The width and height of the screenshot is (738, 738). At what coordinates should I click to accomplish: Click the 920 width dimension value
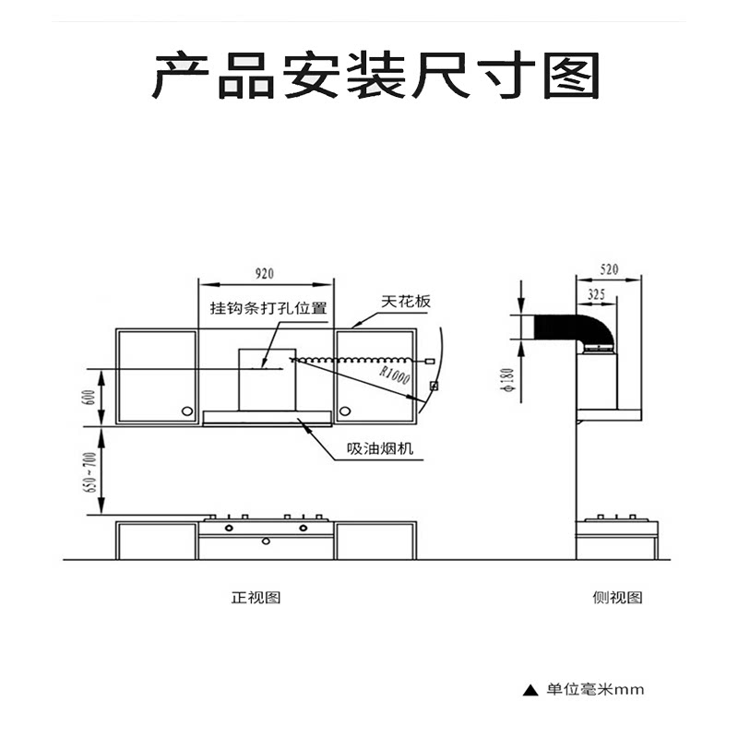click(265, 273)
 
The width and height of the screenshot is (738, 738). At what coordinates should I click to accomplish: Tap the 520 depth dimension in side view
click(608, 269)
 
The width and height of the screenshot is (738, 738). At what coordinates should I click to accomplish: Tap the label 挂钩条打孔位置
click(268, 308)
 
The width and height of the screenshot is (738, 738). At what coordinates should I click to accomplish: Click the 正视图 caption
click(256, 597)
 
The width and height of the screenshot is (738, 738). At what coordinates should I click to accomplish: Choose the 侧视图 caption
click(617, 597)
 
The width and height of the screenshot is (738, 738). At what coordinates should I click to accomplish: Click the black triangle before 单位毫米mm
click(530, 689)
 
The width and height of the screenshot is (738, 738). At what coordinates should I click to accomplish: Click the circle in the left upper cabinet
click(187, 411)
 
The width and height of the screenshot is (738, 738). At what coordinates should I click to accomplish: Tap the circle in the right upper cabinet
click(345, 411)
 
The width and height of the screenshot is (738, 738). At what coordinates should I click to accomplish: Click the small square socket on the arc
click(434, 385)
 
